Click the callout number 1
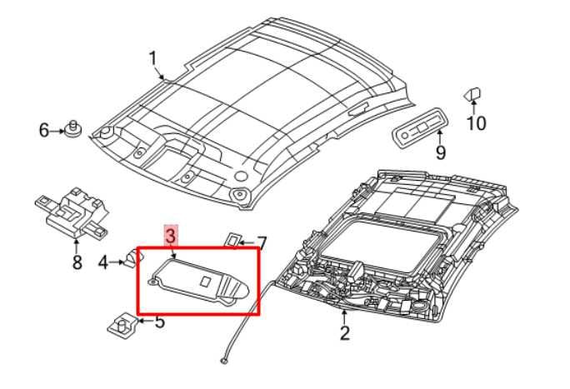152,57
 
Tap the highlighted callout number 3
170,237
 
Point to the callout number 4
103,263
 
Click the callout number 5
159,320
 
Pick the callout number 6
44,130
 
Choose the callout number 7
261,243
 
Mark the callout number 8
77,263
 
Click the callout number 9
440,152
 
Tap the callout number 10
476,124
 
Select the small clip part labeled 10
473,92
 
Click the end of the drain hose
225,362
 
